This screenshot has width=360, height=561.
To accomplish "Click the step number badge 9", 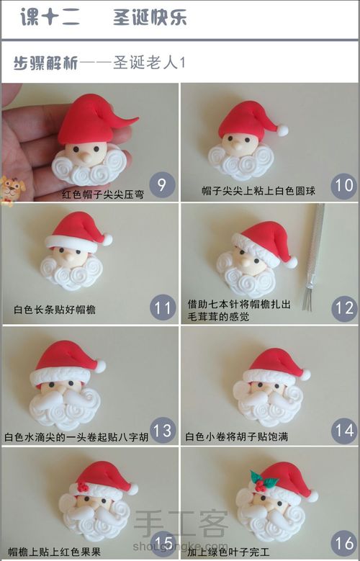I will coord(161,185).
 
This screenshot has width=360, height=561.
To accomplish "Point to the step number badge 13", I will coord(163,431).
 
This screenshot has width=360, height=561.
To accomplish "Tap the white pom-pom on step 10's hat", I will coord(283,131).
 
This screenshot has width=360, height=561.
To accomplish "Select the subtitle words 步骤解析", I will coord(45,63).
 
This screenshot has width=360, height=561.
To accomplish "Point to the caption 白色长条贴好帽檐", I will coord(55,310).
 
